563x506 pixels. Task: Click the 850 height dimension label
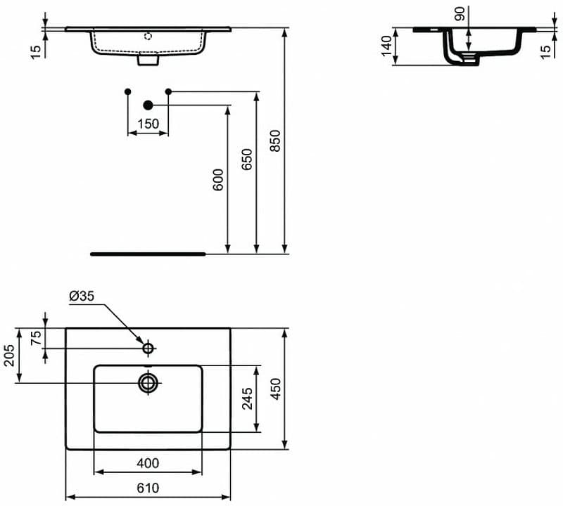pos(275,141)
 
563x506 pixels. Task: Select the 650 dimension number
pos(247,160)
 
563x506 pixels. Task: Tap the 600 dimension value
pos(218,180)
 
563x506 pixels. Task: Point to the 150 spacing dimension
pos(148,124)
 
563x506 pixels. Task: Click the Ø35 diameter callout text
pos(82,296)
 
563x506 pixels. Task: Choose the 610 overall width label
pos(148,488)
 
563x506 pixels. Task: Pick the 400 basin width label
pos(148,463)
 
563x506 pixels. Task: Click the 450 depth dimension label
pos(276,389)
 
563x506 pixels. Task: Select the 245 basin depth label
pos(247,398)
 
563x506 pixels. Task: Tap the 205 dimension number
pos(9,356)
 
